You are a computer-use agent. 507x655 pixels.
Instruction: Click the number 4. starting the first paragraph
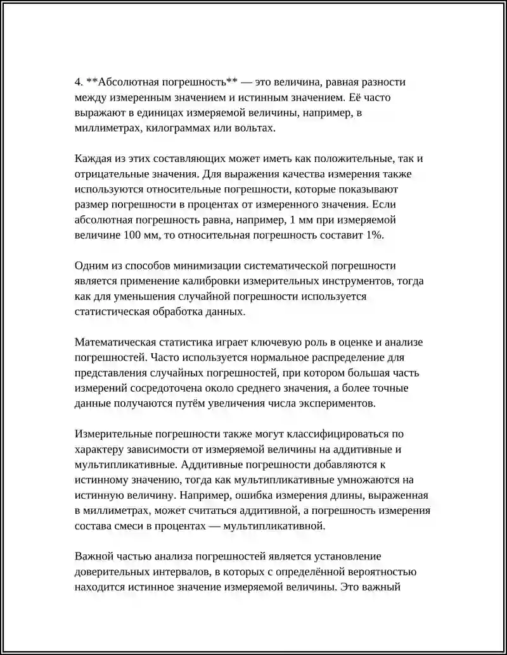tap(79, 82)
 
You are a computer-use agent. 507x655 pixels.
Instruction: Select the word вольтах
tap(257, 128)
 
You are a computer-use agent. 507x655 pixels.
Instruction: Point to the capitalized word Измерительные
tap(115, 434)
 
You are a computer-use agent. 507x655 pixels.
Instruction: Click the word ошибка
tap(269, 494)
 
